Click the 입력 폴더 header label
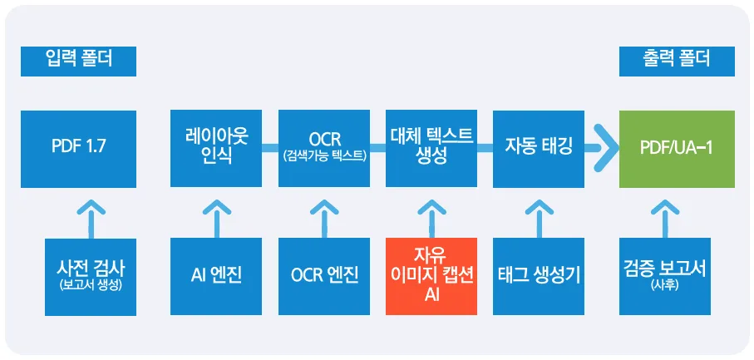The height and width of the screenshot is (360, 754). click(x=78, y=61)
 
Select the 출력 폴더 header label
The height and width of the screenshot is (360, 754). click(x=677, y=61)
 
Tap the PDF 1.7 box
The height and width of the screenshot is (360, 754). click(x=78, y=149)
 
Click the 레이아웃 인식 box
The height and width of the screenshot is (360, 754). click(x=216, y=149)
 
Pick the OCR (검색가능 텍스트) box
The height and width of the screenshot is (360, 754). click(x=324, y=149)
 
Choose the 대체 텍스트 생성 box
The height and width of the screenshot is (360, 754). click(x=431, y=149)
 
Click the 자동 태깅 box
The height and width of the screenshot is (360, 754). click(x=539, y=149)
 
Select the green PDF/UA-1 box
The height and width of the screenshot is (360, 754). click(x=677, y=149)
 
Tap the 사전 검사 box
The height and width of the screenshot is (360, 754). click(x=91, y=277)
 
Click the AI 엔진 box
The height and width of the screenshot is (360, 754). click(x=216, y=276)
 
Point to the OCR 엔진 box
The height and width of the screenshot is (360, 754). click(x=324, y=276)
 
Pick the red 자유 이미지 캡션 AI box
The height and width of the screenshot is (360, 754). click(x=431, y=276)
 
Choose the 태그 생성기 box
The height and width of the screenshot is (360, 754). click(x=539, y=276)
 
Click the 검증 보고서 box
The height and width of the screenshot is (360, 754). click(x=665, y=276)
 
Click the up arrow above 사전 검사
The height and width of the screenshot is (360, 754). click(x=91, y=219)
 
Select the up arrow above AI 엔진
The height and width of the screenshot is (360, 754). click(x=216, y=219)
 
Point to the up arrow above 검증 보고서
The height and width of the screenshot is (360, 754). click(x=665, y=219)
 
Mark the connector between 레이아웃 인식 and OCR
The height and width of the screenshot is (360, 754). click(x=270, y=148)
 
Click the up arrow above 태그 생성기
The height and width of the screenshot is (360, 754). click(x=539, y=219)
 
